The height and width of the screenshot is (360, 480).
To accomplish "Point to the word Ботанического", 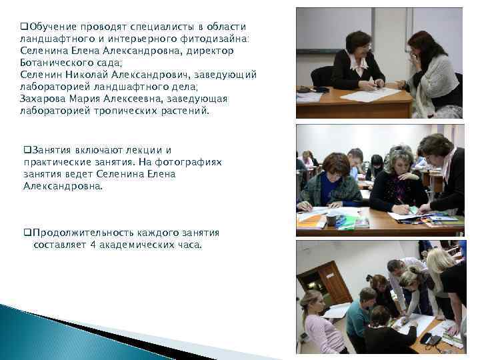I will pos(57,62).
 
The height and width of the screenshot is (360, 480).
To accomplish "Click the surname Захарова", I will pos(43,99).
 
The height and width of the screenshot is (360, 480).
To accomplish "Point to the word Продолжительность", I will pos(79,233).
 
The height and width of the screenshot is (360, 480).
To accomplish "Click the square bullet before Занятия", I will pos(27,150).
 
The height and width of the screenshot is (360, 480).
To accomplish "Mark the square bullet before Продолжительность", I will pos(27,233).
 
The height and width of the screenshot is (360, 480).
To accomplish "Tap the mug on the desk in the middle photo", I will pos(331,218).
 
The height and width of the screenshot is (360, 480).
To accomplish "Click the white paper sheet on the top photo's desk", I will pos(371,95).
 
